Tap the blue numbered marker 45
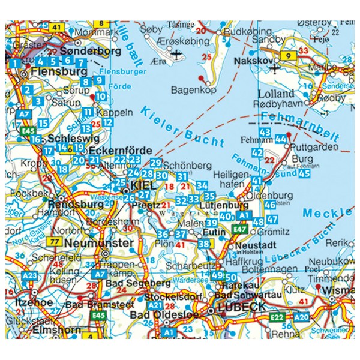304,174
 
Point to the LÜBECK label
239,307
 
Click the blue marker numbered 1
14,63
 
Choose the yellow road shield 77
55,242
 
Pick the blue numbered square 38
204,244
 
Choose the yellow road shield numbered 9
289,56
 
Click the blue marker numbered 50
231,277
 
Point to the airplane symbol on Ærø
177,53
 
